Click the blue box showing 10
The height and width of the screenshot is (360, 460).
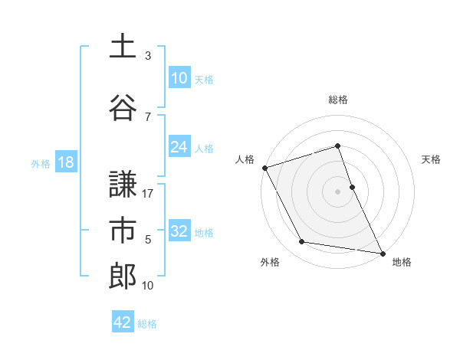pyautogui.click(x=179, y=78)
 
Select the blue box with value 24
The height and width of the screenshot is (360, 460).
pyautogui.click(x=179, y=147)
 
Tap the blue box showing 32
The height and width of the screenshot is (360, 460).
pyautogui.click(x=179, y=231)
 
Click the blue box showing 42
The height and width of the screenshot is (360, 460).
pyautogui.click(x=123, y=322)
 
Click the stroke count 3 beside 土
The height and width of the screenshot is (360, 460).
pyautogui.click(x=148, y=55)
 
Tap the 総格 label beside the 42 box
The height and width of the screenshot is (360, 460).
pyautogui.click(x=147, y=324)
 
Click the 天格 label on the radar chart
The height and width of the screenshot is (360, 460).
pyautogui.click(x=432, y=159)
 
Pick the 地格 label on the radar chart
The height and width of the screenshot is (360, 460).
pyautogui.click(x=402, y=262)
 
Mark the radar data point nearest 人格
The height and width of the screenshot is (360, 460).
pyautogui.click(x=264, y=168)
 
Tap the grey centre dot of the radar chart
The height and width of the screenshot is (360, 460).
pyautogui.click(x=337, y=191)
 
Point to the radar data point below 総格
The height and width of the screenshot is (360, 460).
pyautogui.click(x=337, y=146)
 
